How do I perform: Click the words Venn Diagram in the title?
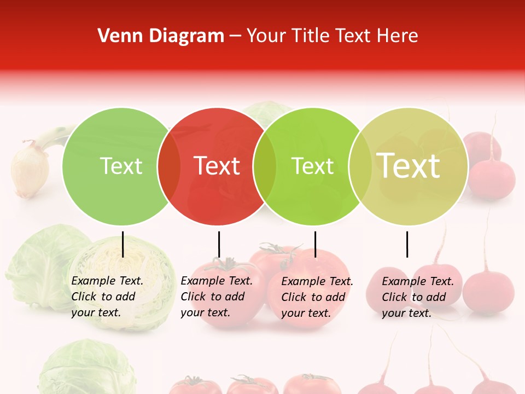pos(161,36)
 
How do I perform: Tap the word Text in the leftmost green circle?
pos(121,166)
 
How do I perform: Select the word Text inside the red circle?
pos(217,166)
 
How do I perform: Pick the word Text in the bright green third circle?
pos(312,166)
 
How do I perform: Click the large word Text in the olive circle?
pos(409,166)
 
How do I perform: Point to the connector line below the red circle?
pos(219,244)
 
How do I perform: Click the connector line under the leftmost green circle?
pos(123,244)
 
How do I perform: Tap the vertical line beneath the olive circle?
pos(407,244)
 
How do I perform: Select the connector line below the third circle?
pos(315,244)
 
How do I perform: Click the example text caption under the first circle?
pos(107,297)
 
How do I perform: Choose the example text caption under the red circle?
pos(216,297)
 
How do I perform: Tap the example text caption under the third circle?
pos(317,297)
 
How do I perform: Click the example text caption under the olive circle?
pos(417,297)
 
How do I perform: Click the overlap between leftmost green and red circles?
pos(169,166)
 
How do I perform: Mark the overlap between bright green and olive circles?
pos(360,166)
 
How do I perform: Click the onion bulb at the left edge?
pos(29,170)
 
